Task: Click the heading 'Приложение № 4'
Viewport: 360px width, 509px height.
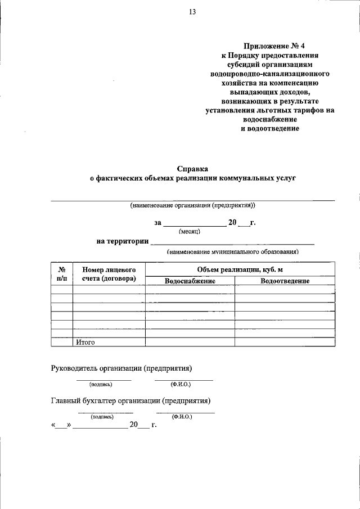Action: coord(270,46)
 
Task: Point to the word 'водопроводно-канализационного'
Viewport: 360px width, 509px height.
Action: coord(270,74)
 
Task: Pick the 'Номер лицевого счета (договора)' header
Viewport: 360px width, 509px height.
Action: coord(109,274)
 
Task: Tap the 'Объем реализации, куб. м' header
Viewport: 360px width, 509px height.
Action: coord(240,269)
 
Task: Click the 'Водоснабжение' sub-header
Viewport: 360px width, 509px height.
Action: coord(190,281)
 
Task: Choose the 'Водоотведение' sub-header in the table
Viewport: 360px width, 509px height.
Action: coord(285,281)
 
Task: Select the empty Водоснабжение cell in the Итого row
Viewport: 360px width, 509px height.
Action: coord(190,341)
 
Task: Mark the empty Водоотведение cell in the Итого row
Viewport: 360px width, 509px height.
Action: coord(285,341)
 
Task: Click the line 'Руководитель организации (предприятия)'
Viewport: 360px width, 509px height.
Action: coord(121,369)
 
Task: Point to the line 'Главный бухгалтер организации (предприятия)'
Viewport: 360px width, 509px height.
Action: coord(130,401)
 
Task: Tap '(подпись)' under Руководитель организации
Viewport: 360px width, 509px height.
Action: coord(101,385)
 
